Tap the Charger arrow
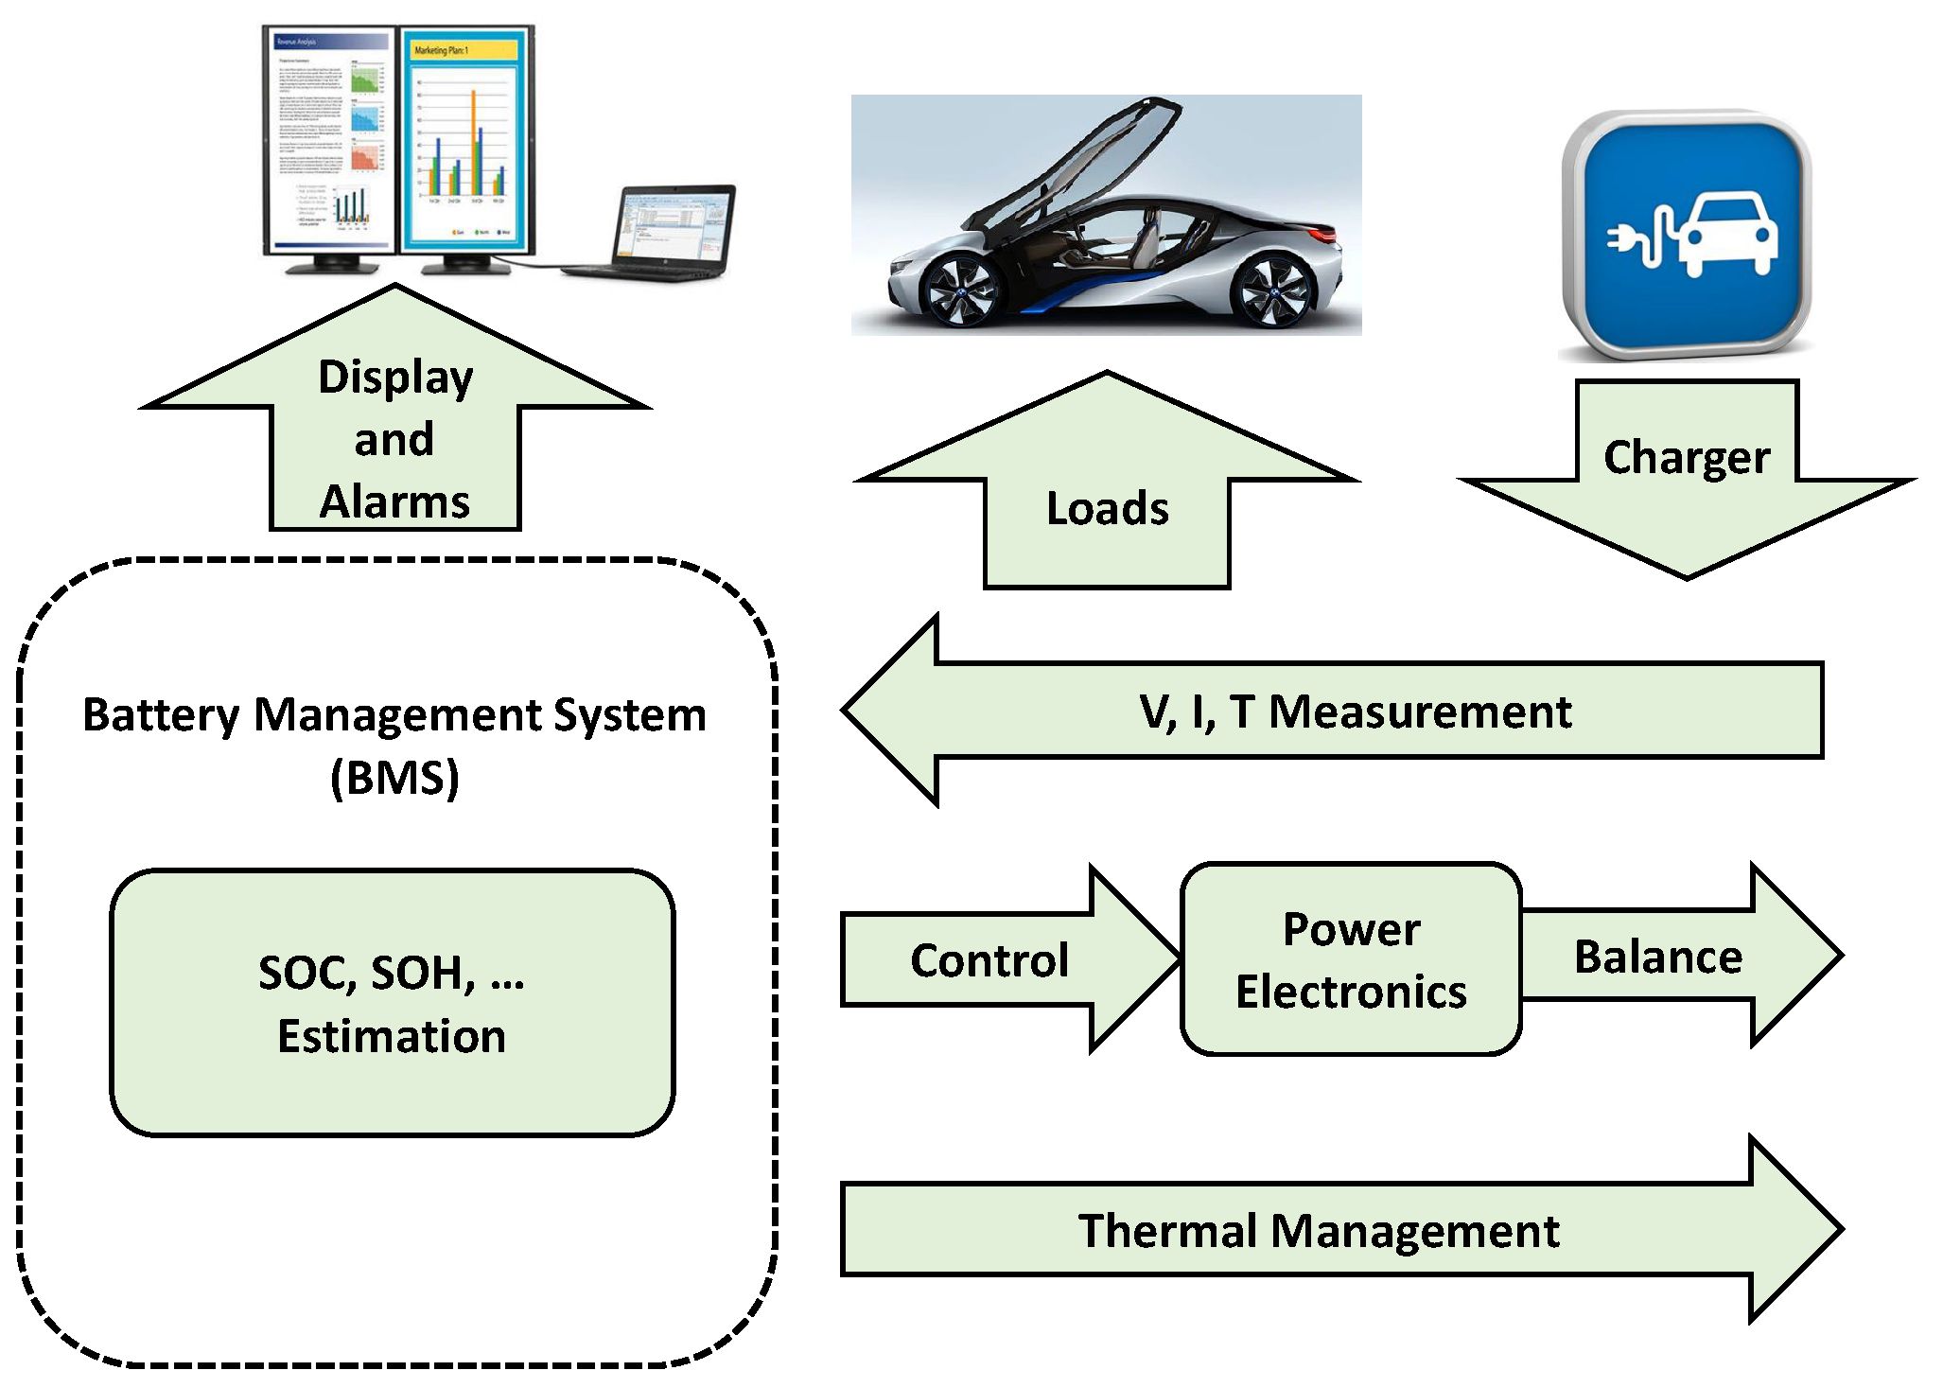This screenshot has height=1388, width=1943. (1687, 473)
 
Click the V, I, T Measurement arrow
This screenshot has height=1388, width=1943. (1353, 711)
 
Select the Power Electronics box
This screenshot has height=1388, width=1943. (1351, 959)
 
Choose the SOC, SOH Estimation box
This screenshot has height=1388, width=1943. (393, 1003)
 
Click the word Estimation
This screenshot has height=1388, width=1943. (392, 1036)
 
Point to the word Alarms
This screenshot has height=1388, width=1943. (394, 501)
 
